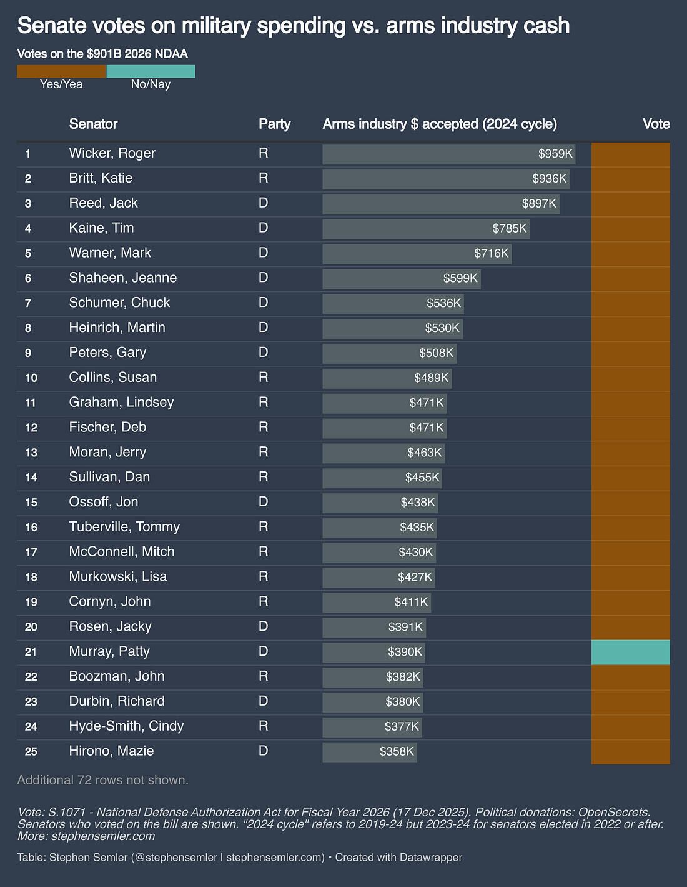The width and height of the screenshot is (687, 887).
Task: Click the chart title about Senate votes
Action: click(x=294, y=26)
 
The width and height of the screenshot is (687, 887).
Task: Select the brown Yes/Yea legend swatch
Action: click(x=61, y=71)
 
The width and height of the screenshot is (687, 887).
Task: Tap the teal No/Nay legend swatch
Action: click(x=151, y=71)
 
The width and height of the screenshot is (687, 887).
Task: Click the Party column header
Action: click(x=275, y=124)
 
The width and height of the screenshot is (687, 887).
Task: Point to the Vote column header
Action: click(x=656, y=124)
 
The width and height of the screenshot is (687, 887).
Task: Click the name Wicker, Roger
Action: click(x=112, y=153)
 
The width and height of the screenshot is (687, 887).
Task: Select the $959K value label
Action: click(x=555, y=154)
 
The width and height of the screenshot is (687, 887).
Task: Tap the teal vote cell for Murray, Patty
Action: click(x=630, y=652)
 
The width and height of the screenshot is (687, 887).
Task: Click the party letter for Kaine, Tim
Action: click(x=264, y=228)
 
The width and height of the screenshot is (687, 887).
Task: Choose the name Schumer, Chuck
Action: click(x=119, y=303)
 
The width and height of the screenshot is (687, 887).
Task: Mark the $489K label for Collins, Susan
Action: click(x=432, y=378)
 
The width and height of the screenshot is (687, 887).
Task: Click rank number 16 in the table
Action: click(x=31, y=527)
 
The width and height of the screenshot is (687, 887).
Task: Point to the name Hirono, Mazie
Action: click(x=111, y=751)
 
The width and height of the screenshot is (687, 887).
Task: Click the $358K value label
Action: click(x=397, y=751)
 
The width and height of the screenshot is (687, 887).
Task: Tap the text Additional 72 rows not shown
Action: click(x=103, y=780)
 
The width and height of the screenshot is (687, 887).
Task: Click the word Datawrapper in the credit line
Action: click(x=430, y=857)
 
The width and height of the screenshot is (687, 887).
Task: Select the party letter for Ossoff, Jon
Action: click(x=264, y=502)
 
